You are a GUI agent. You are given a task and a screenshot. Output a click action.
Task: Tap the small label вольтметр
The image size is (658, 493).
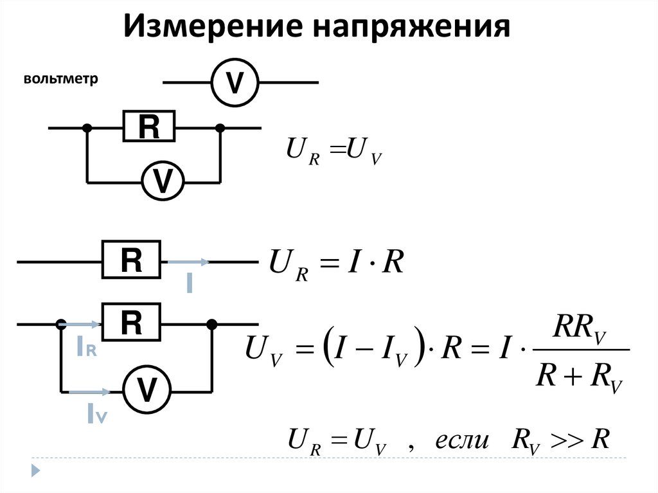tap(60, 80)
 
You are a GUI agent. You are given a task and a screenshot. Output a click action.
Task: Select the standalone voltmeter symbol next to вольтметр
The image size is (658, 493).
tap(235, 82)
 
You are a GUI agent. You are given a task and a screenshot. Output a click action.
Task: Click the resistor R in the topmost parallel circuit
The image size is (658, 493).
tap(149, 127)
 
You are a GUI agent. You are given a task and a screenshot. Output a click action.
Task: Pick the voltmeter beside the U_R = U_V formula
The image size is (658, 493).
tap(163, 181)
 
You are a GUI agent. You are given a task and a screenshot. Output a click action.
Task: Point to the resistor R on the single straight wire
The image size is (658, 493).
tap(131, 261)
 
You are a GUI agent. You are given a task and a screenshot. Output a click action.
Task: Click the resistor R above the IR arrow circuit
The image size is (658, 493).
tap(131, 323)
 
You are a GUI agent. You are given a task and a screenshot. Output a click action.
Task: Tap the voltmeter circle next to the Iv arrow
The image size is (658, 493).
tap(147, 390)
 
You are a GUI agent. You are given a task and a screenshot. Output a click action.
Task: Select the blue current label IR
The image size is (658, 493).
tap(86, 347)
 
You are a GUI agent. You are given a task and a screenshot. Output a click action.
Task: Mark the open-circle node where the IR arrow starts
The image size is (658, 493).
tap(62, 324)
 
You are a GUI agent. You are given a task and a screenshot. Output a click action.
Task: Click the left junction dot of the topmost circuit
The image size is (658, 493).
tap(87, 128)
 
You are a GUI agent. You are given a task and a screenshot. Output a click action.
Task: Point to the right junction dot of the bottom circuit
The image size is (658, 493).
tap(211, 324)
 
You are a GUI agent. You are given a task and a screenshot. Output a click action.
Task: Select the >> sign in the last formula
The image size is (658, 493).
tap(569, 442)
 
